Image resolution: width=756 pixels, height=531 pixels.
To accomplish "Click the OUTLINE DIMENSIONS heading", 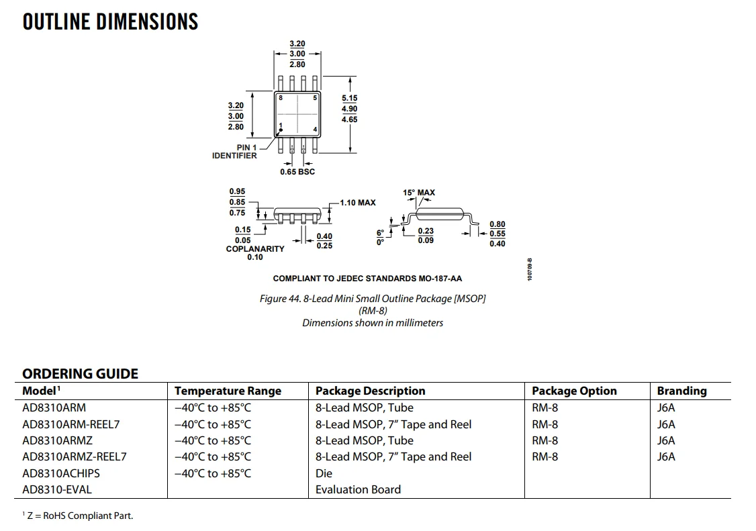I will pos(110,21).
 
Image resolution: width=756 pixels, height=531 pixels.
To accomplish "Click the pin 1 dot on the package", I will pos(281,130).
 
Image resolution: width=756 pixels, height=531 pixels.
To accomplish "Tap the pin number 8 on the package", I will pos(281,98).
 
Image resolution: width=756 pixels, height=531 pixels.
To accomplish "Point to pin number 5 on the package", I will pos(314,98).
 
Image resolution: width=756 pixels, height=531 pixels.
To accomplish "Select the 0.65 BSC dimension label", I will pos(297,172).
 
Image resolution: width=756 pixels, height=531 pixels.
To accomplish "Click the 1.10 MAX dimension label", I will pos(358,202).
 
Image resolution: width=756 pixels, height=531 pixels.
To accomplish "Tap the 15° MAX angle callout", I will pos(419,193).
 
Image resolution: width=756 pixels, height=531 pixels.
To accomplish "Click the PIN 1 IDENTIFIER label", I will pos(235,152).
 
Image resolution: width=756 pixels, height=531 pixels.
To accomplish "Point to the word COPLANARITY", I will pos(255,249).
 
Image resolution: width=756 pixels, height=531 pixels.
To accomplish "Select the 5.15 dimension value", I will pos(349,98).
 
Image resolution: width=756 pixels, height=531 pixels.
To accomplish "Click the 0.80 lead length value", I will pos(498,224).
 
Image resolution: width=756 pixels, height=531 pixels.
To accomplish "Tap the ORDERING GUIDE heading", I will pos(80,374).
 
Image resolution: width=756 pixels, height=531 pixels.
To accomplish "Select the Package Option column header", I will pos(574,391).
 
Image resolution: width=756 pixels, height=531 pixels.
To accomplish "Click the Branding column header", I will pos(681,391).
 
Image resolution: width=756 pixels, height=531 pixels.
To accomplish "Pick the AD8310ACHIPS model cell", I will pos(61,473).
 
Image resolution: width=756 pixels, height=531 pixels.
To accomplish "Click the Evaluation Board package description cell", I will pos(358,489).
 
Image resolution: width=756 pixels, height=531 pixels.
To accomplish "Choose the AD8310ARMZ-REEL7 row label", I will pos(75,456).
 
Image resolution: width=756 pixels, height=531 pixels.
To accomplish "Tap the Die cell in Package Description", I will pos(324,473).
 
